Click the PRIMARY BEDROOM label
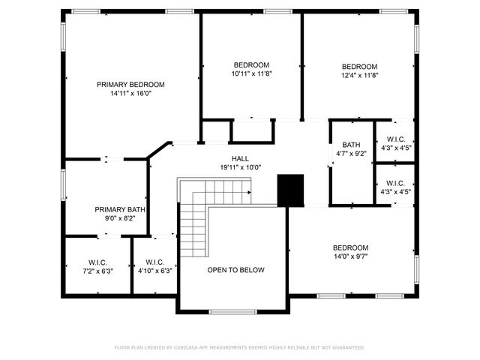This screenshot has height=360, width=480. (130, 85)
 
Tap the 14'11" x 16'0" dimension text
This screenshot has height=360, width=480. (130, 94)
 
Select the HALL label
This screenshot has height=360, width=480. (240, 158)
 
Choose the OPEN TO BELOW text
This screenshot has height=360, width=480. (235, 270)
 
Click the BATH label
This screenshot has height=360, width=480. (351, 145)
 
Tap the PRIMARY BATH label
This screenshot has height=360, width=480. (120, 210)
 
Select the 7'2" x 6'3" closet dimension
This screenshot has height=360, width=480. (98, 271)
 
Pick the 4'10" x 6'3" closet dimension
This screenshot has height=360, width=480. (155, 271)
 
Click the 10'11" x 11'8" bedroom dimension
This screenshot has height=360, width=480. (251, 74)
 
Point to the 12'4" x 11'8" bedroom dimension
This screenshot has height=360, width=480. (360, 75)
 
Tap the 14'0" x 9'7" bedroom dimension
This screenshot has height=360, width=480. (351, 256)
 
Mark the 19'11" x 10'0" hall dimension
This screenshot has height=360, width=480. (240, 167)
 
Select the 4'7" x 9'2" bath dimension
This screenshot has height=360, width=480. (351, 154)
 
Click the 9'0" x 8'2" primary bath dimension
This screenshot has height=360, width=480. (120, 219)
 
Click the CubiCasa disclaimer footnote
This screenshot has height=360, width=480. (239, 348)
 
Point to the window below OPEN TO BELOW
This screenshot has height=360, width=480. (232, 311)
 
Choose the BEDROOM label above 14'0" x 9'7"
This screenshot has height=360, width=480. (351, 247)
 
